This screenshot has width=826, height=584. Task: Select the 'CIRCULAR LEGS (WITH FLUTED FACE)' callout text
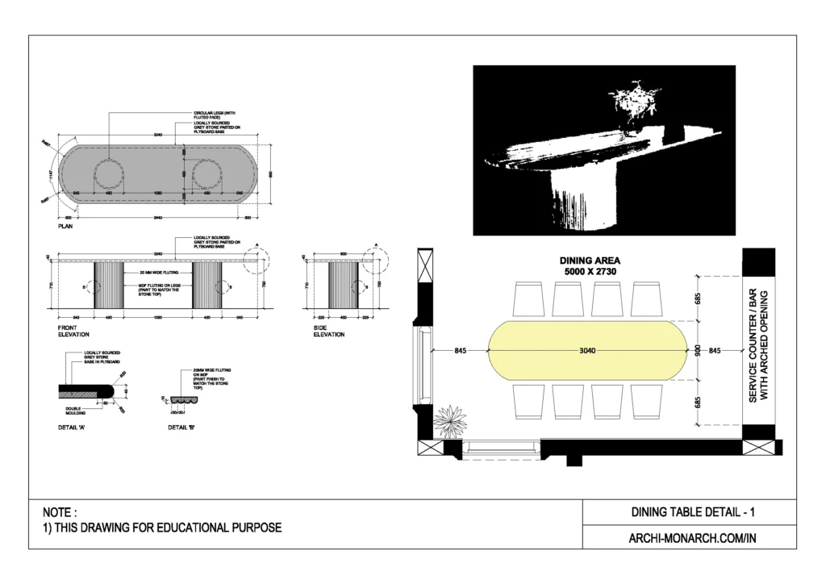click(x=213, y=115)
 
